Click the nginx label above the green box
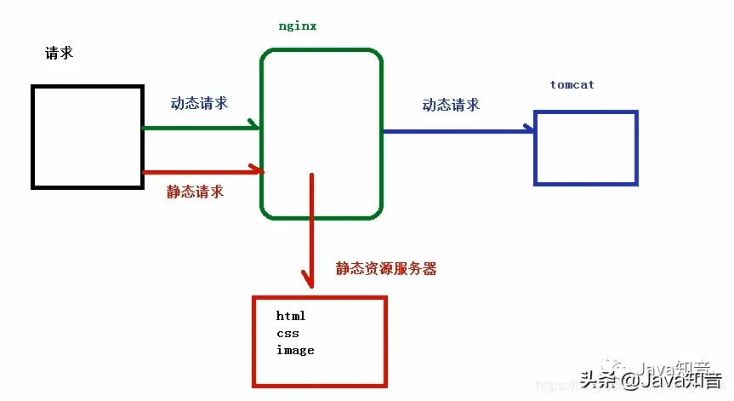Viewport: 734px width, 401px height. pyautogui.click(x=298, y=26)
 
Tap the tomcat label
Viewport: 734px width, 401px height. pyautogui.click(x=572, y=85)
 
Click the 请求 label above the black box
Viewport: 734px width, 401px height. pyautogui.click(x=59, y=53)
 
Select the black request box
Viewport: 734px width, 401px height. pyautogui.click(x=87, y=135)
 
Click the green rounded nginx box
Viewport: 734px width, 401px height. pyautogui.click(x=321, y=134)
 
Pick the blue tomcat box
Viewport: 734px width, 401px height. pyautogui.click(x=585, y=147)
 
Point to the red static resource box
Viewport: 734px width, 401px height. pyautogui.click(x=320, y=341)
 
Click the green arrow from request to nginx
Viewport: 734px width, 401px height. pyautogui.click(x=200, y=128)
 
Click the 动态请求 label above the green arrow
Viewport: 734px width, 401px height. pyautogui.click(x=199, y=103)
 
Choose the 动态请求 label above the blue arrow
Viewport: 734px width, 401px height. pyautogui.click(x=451, y=105)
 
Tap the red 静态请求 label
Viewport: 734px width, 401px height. pyautogui.click(x=195, y=192)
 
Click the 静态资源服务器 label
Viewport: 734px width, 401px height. pyautogui.click(x=386, y=268)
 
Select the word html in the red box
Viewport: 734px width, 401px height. pyautogui.click(x=291, y=316)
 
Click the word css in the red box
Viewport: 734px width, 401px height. pyautogui.click(x=287, y=333)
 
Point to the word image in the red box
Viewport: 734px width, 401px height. pyautogui.click(x=295, y=350)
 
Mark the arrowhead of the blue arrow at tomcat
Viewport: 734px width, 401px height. pyautogui.click(x=529, y=129)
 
